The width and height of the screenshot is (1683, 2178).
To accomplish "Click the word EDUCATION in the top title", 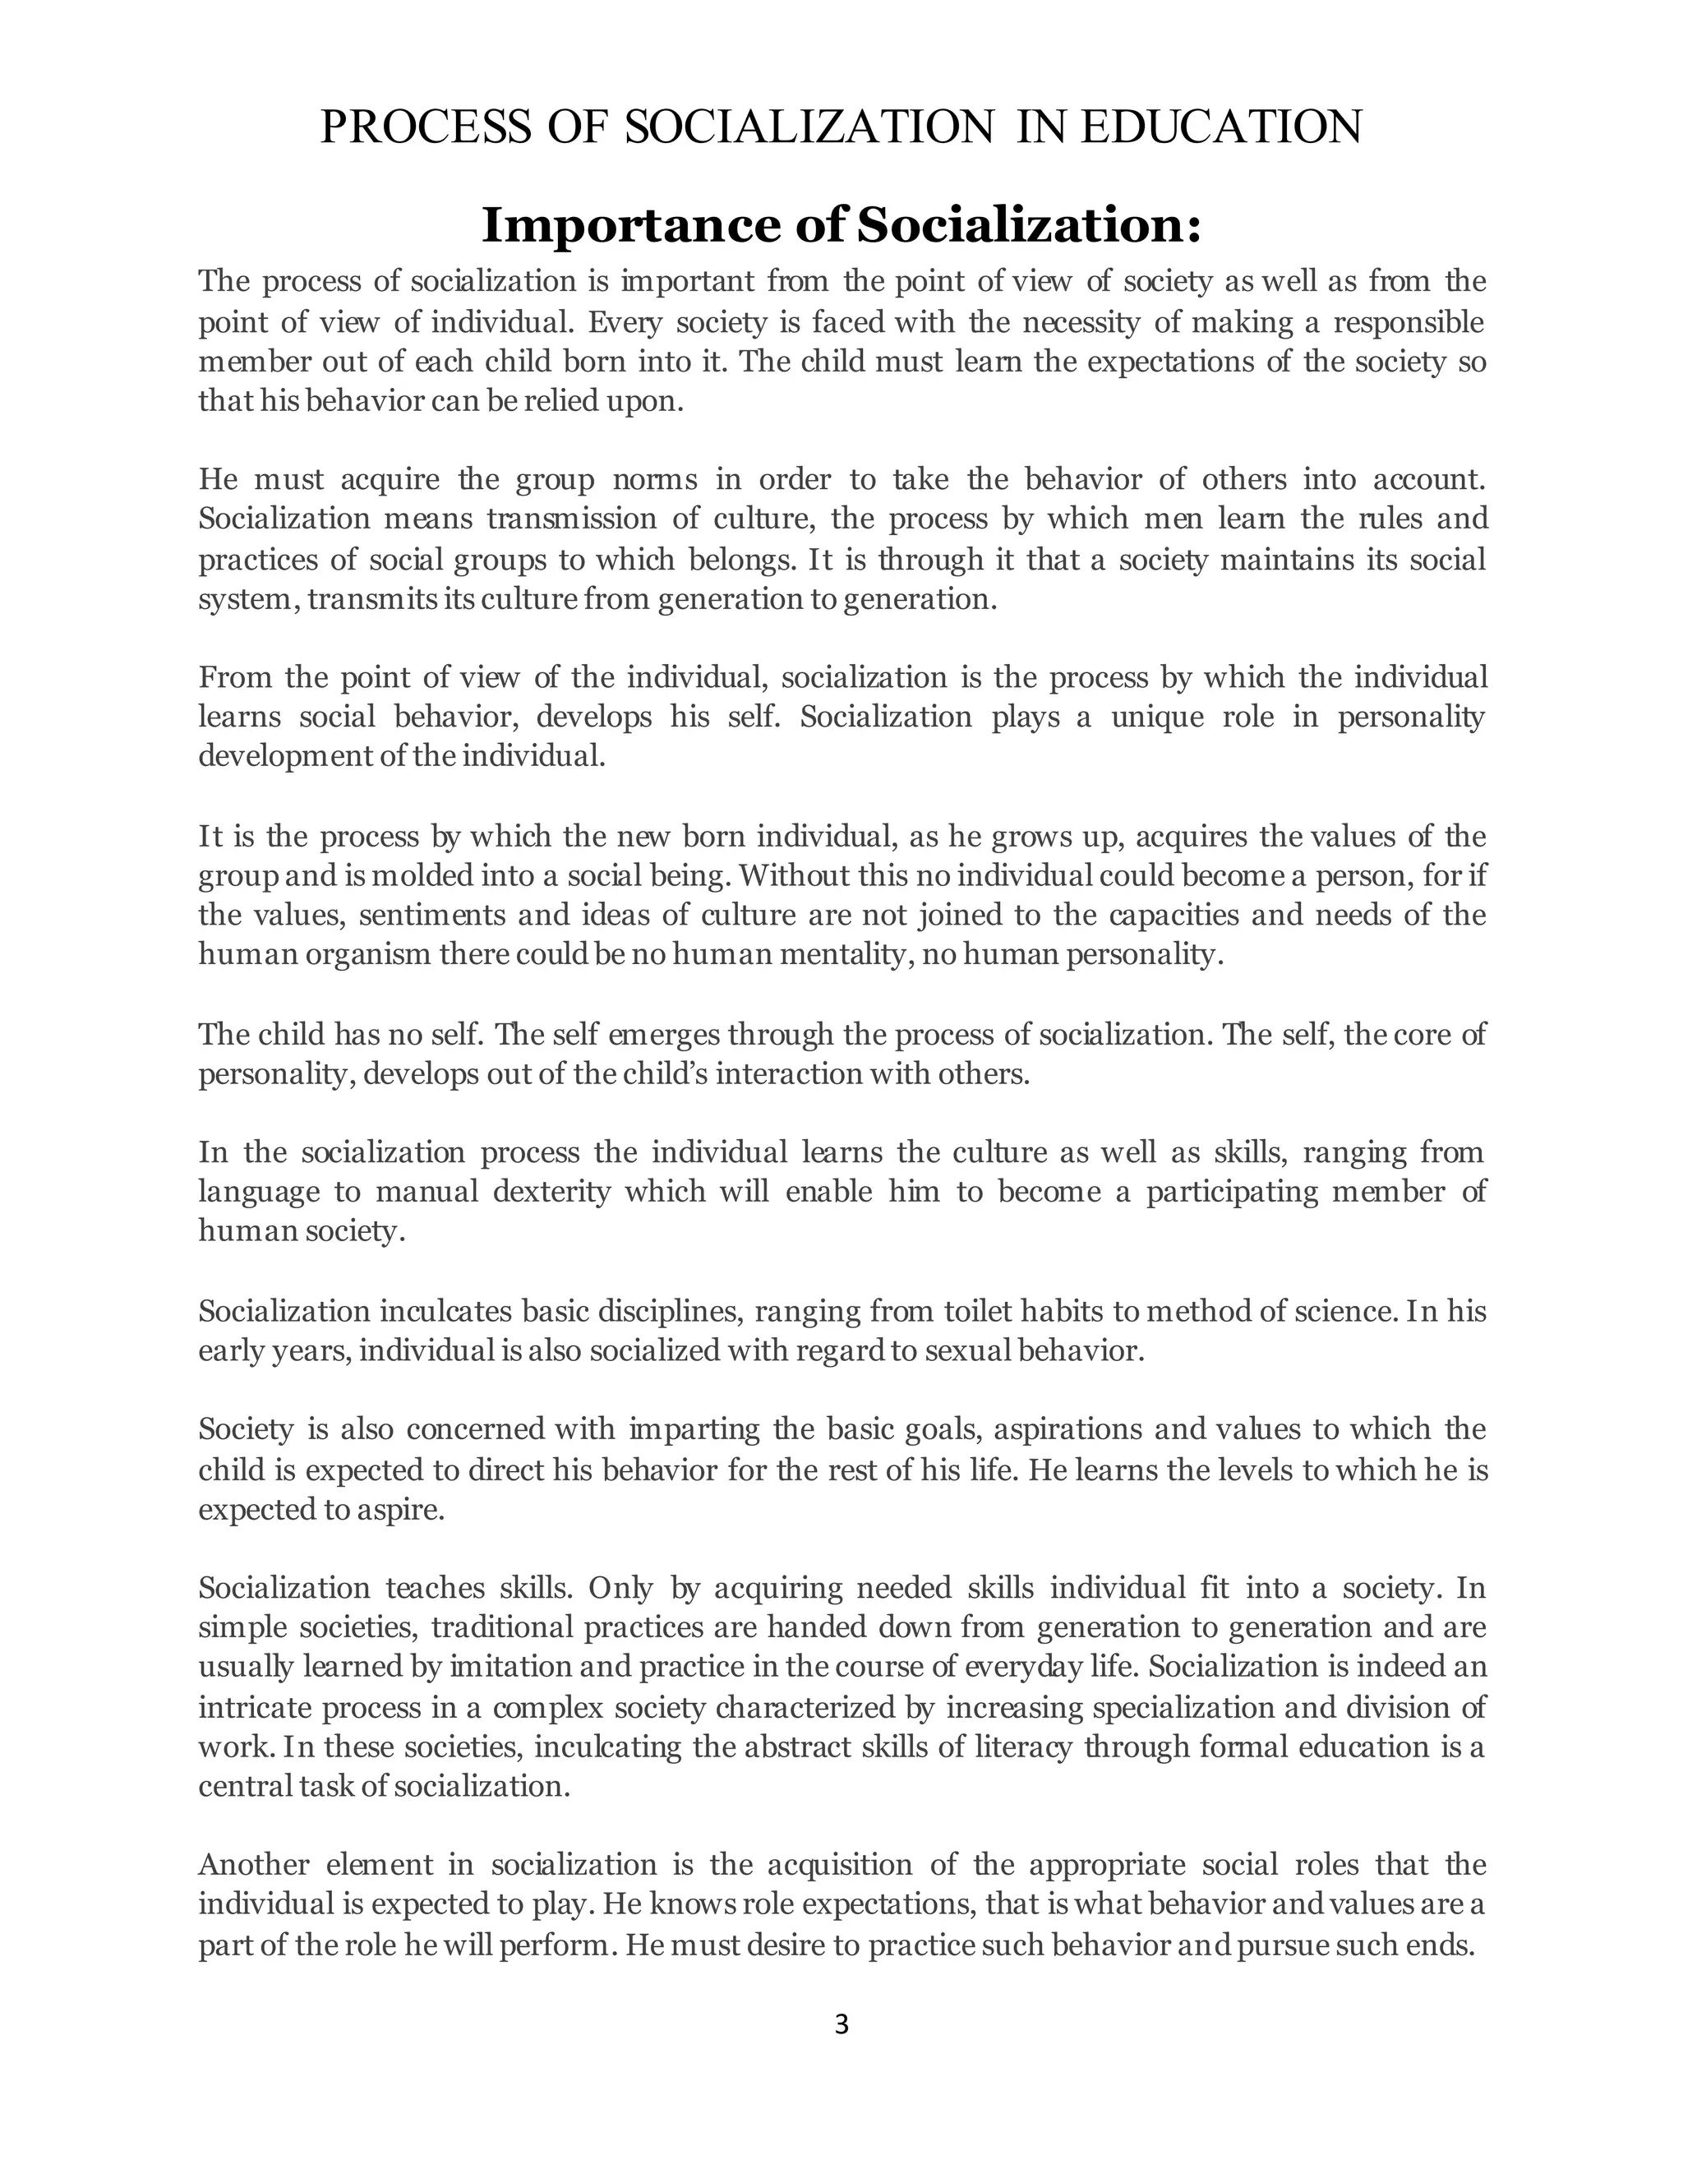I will [1220, 127].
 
